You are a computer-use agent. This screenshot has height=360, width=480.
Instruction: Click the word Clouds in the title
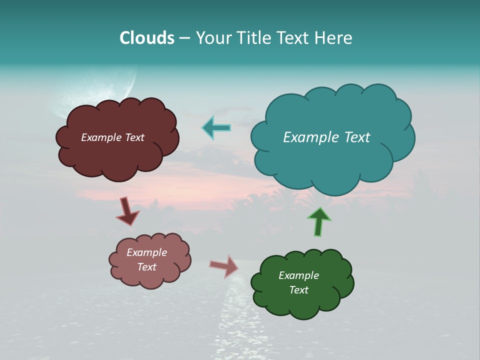(147, 38)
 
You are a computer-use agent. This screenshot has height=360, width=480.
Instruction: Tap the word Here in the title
(334, 38)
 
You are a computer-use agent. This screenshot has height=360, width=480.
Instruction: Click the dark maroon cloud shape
(117, 155)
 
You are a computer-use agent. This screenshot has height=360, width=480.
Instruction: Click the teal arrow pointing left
(216, 128)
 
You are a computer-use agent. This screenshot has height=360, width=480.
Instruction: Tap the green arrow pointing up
(319, 221)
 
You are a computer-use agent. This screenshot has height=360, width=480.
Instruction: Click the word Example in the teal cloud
(306, 137)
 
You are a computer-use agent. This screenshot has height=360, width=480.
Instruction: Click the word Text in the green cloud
(299, 290)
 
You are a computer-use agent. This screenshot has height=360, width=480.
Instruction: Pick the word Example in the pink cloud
(146, 252)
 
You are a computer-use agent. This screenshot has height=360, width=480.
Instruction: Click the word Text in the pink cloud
(146, 267)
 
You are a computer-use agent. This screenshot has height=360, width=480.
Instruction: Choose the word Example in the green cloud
(298, 275)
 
